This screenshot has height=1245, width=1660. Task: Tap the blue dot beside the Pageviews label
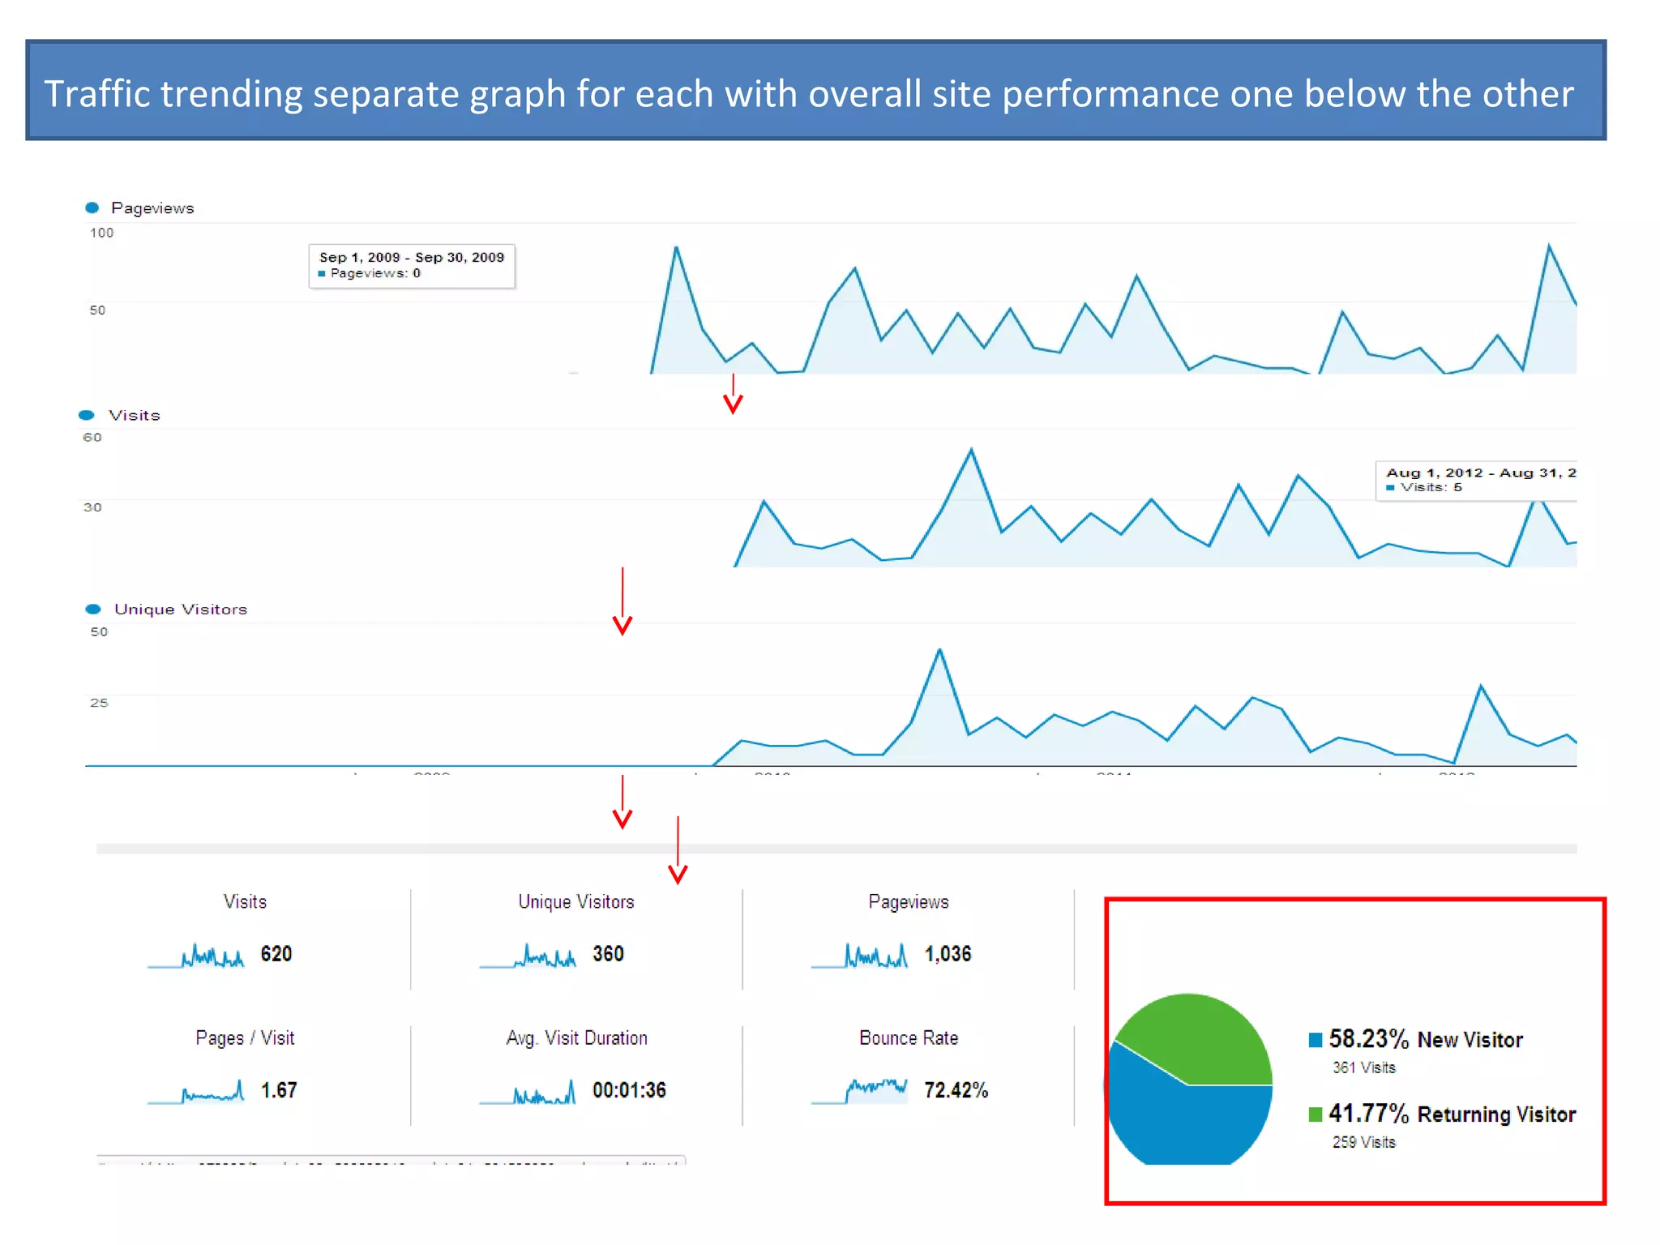(92, 208)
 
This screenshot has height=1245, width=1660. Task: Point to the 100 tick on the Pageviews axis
(101, 233)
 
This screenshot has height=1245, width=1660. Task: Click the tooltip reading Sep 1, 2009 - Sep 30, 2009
(412, 265)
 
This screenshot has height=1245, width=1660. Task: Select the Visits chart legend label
(135, 415)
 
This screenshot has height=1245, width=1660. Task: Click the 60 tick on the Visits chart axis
(92, 438)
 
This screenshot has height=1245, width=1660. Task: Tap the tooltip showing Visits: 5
(1475, 480)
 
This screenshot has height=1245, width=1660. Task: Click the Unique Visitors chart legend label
(180, 610)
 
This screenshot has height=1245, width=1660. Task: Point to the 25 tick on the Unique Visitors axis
(99, 703)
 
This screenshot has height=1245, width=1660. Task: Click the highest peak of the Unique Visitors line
(939, 651)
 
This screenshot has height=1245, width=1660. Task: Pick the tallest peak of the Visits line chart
(971, 451)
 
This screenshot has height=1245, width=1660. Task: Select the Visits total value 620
(276, 954)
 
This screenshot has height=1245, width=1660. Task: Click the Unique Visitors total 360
(608, 954)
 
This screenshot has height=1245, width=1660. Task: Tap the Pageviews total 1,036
(948, 954)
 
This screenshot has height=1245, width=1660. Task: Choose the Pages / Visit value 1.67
(278, 1090)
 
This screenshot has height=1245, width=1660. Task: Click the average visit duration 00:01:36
(629, 1090)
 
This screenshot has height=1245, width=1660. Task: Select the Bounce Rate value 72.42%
(956, 1090)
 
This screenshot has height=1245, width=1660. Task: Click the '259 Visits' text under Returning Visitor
(1363, 1142)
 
